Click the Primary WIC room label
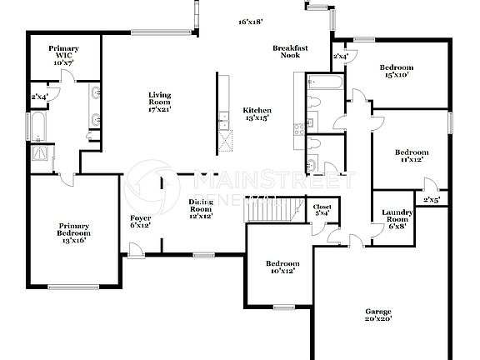click(63, 56)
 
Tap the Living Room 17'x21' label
click(159, 102)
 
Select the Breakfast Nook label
click(291, 52)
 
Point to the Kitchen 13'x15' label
click(257, 115)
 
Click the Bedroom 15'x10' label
click(397, 72)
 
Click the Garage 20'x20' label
click(378, 314)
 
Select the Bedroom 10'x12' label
click(282, 267)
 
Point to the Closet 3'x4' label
click(322, 209)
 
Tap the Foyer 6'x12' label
click(141, 222)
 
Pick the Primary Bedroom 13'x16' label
click(73, 232)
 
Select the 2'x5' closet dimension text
click(431, 200)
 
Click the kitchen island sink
click(223, 125)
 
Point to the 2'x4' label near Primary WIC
click(39, 96)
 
